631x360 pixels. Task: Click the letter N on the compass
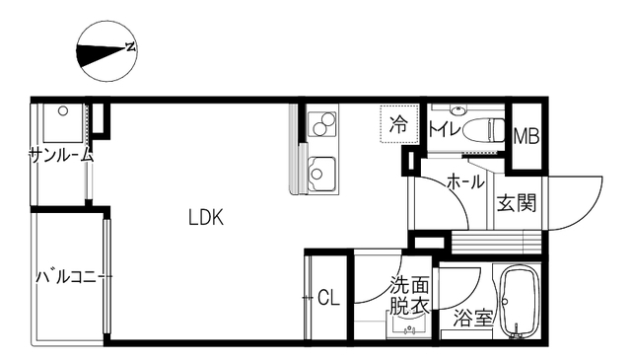pyautogui.click(x=130, y=46)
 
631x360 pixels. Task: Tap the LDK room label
pyautogui.click(x=206, y=218)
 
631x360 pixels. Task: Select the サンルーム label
pyautogui.click(x=61, y=155)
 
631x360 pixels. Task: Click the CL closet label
pyautogui.click(x=328, y=298)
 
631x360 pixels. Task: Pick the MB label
pyautogui.click(x=526, y=136)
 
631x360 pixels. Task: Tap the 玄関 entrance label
pyautogui.click(x=517, y=203)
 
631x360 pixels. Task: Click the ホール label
pyautogui.click(x=465, y=182)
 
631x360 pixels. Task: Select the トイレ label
pyautogui.click(x=445, y=129)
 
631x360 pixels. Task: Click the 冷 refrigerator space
pyautogui.click(x=399, y=123)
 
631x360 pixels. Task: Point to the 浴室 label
pyautogui.click(x=473, y=319)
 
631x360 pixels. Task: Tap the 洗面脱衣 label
pyautogui.click(x=409, y=296)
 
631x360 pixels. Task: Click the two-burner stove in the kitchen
pyautogui.click(x=322, y=123)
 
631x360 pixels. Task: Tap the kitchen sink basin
pyautogui.click(x=321, y=174)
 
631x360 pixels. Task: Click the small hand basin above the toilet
pyautogui.click(x=456, y=109)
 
